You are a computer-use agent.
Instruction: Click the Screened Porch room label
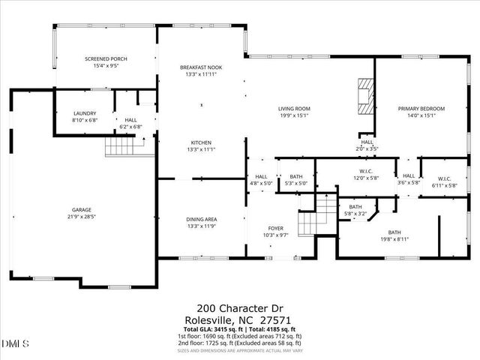pos(105,58)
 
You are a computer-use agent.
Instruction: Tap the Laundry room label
pos(85,113)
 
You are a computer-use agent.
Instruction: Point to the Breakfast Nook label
pos(199,67)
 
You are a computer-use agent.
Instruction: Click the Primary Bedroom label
pos(421,109)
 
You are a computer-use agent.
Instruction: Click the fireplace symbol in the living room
pos(364,95)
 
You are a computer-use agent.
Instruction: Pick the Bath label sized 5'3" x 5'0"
pos(296,177)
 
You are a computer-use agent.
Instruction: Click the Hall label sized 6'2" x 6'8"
pos(131,120)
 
